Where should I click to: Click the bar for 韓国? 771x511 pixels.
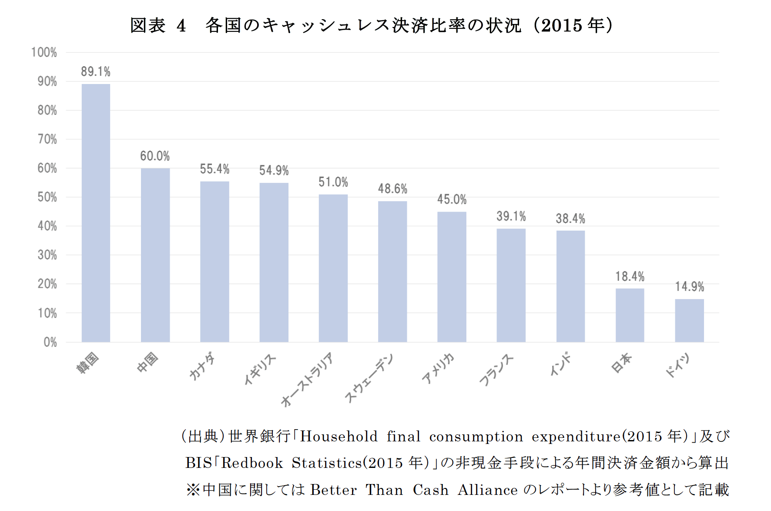point(96,213)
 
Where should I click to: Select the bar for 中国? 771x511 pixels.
point(155,255)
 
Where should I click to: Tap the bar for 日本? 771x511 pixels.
point(630,315)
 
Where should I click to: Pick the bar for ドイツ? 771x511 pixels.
point(689,320)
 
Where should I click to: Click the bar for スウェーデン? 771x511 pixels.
point(392,272)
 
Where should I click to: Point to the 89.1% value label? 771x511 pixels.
point(96,71)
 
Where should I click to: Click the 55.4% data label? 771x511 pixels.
point(215,169)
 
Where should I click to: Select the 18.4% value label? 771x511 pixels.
point(630,276)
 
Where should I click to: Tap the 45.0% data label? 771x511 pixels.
point(452,199)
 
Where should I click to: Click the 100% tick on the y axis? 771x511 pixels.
point(44,53)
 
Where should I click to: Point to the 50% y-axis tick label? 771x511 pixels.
point(47,197)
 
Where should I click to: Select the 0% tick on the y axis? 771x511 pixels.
point(50,342)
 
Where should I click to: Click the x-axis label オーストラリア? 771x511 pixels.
point(307,379)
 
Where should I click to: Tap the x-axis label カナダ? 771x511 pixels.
point(202,366)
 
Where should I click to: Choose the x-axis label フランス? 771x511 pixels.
point(496,370)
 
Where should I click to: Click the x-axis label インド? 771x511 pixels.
point(560,364)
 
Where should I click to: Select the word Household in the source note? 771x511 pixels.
point(339,436)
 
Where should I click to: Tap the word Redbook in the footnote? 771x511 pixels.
point(252,463)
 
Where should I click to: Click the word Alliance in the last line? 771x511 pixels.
point(487,490)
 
